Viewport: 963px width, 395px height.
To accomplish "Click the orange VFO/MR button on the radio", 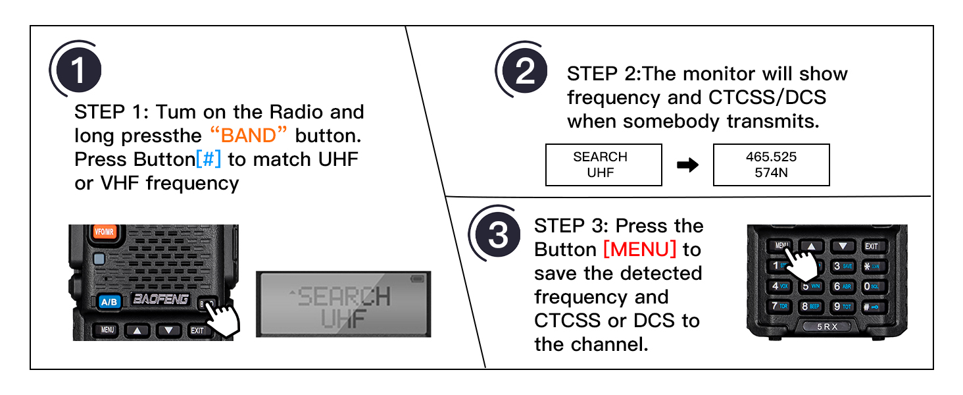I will tap(104, 232).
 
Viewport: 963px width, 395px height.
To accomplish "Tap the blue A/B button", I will tap(107, 302).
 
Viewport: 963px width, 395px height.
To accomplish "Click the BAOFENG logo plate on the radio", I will tap(160, 300).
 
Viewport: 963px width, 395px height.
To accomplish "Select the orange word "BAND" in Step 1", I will tap(249, 136).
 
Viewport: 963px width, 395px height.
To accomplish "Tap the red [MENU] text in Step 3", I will tap(639, 250).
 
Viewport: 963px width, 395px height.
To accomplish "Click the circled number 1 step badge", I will tap(77, 70).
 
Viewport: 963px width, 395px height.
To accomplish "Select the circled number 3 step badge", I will tap(498, 235).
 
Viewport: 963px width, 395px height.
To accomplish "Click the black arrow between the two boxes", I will tap(687, 165).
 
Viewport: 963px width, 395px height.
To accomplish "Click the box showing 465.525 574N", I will tap(771, 165).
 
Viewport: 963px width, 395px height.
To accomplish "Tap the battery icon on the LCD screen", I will tap(418, 280).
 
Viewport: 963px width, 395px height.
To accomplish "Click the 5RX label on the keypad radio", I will tap(827, 327).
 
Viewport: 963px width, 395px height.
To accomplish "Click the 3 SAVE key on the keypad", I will tap(843, 266).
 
